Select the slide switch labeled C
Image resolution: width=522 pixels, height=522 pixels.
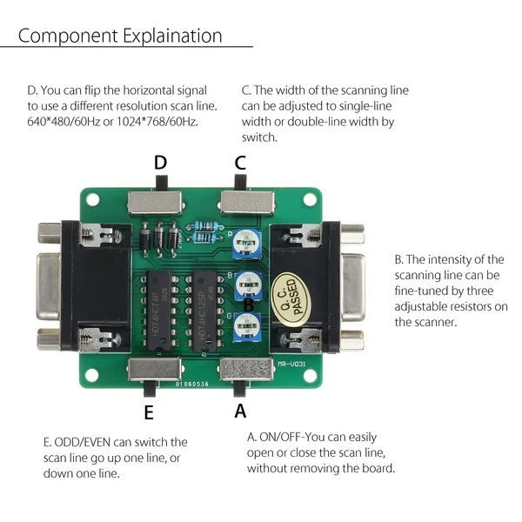247,200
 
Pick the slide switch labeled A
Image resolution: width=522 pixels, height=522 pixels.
244,370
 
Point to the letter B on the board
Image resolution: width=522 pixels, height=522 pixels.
248,305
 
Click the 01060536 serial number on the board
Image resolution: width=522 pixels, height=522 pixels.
191,381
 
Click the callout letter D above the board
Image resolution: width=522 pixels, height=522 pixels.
160,163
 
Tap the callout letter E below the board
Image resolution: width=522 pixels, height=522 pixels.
149,412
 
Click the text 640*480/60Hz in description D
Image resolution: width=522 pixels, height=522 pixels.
66,121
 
